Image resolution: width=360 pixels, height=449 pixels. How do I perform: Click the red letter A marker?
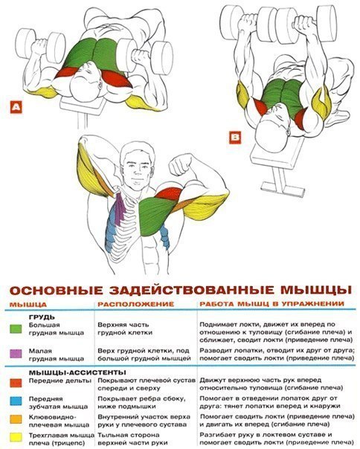16,107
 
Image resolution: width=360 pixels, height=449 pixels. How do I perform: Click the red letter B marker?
235,138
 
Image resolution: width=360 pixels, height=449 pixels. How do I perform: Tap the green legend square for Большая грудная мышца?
16,329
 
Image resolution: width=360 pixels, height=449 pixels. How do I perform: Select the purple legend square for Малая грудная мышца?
16,354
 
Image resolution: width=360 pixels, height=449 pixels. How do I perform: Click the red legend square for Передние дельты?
16,383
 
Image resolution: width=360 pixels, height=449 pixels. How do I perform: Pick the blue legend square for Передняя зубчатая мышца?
16,401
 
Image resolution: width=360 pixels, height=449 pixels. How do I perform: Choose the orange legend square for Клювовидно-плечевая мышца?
16,419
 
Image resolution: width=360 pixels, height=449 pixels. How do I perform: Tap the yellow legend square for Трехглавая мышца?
16,437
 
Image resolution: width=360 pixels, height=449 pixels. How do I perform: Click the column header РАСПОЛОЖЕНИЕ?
136,304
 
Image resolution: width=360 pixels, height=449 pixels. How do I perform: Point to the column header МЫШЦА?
28,304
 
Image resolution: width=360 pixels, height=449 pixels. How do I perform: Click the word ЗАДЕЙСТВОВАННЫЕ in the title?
192,291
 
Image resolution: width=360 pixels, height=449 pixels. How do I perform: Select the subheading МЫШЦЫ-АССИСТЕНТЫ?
77,372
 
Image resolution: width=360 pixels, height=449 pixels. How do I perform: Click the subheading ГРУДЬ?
42,317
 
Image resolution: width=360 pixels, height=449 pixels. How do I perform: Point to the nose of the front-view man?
135,170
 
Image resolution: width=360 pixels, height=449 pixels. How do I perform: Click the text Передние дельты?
60,381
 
